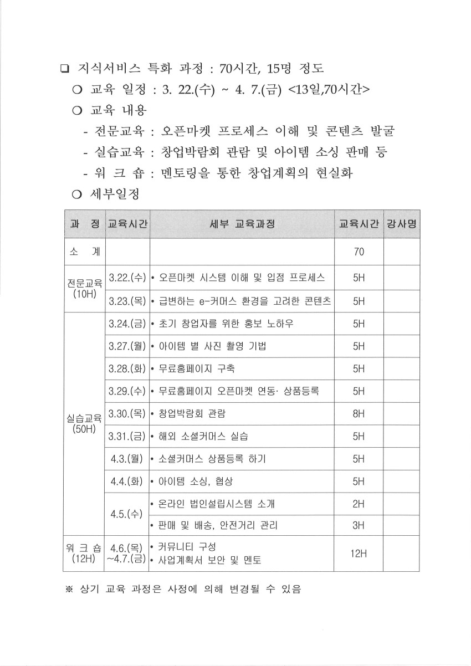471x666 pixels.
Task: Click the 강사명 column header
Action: tap(401, 224)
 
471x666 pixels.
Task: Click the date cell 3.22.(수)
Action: tap(127, 277)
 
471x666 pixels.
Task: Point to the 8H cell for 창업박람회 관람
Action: tap(359, 413)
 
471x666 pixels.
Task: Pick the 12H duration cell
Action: tap(359, 553)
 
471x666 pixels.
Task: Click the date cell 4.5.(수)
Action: tap(127, 514)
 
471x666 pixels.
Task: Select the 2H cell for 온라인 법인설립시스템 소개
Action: tap(359, 504)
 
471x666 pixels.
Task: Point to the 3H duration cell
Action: tap(359, 525)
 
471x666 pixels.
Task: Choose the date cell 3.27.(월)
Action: tap(127, 346)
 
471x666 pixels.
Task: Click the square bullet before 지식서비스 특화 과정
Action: tap(64, 70)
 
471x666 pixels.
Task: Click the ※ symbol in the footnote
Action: tap(70, 590)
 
